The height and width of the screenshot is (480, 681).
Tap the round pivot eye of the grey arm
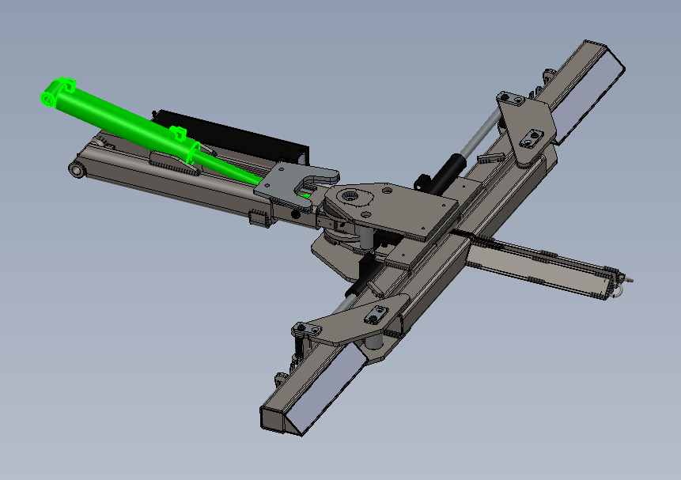click(77, 169)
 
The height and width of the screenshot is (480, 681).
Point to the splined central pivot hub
click(350, 197)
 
